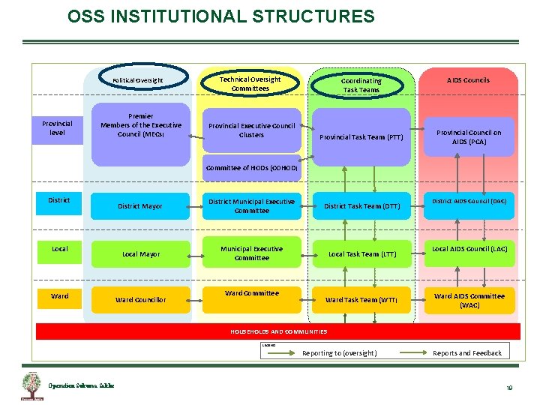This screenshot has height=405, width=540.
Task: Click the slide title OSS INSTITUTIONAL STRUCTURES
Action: coord(220,16)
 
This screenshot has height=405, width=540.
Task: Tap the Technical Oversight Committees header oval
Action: coord(250,83)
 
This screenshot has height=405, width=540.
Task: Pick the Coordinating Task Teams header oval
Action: coord(361,85)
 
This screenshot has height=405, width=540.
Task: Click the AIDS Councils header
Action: coord(468,80)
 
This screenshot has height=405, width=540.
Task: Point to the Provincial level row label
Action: coord(57,127)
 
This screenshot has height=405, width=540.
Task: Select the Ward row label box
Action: coord(59,296)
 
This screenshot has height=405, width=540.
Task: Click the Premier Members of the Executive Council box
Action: coord(141,125)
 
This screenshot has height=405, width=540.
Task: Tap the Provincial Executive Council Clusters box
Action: coord(251,130)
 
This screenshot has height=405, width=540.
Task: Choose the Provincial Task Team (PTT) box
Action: coord(361,137)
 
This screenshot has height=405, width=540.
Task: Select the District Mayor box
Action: coord(140,206)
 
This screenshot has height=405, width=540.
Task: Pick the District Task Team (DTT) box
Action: coord(361,206)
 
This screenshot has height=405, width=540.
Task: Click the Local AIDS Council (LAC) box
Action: coord(470,248)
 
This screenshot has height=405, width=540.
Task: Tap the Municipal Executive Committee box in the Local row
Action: coord(251,253)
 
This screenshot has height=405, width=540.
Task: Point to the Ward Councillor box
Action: coord(140,300)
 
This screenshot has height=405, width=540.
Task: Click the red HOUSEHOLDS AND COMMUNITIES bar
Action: coord(278,331)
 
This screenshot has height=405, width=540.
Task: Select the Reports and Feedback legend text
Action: coord(467,353)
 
